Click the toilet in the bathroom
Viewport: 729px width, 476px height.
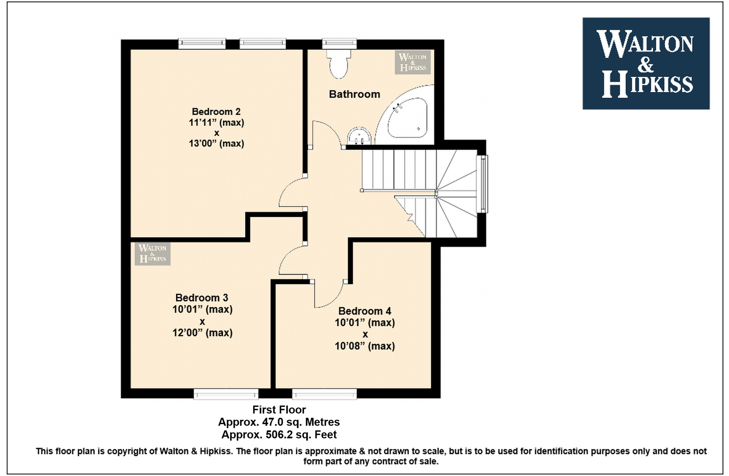(x=339, y=64)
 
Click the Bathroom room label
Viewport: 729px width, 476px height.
(x=354, y=94)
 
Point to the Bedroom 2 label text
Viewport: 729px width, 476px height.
(x=216, y=112)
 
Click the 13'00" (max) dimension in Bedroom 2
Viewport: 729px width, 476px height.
(x=216, y=144)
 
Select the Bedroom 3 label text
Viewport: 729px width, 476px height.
(x=201, y=297)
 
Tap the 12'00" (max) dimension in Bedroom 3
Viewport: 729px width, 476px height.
(x=202, y=333)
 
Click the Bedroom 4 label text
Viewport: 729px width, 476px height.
(x=364, y=311)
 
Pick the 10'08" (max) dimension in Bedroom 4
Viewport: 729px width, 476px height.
(x=365, y=346)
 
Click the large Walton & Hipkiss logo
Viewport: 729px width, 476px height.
(x=646, y=63)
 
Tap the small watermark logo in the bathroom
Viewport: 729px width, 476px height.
(x=413, y=62)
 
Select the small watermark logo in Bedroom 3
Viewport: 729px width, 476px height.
(x=152, y=253)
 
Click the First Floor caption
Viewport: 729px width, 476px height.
(x=279, y=409)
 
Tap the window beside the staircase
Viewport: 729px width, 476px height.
(x=482, y=184)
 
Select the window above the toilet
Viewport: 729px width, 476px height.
(x=339, y=44)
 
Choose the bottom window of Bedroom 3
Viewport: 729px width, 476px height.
(x=226, y=394)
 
